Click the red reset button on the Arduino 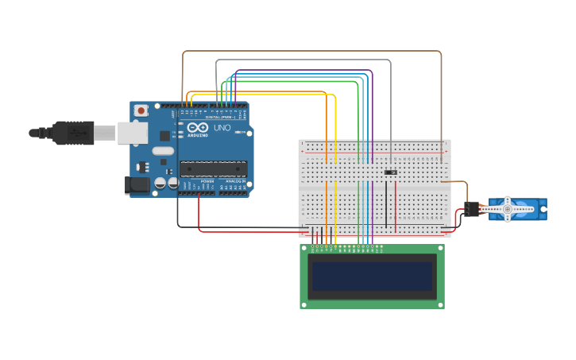point(141,110)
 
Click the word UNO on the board point(222,128)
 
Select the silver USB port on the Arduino point(133,133)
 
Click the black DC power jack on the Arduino point(137,185)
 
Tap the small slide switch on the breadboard point(391,172)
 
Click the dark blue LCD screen point(372,276)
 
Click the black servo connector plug point(474,209)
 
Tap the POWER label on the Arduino point(207,181)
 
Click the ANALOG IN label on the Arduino point(234,181)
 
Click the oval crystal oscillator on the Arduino point(163,151)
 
